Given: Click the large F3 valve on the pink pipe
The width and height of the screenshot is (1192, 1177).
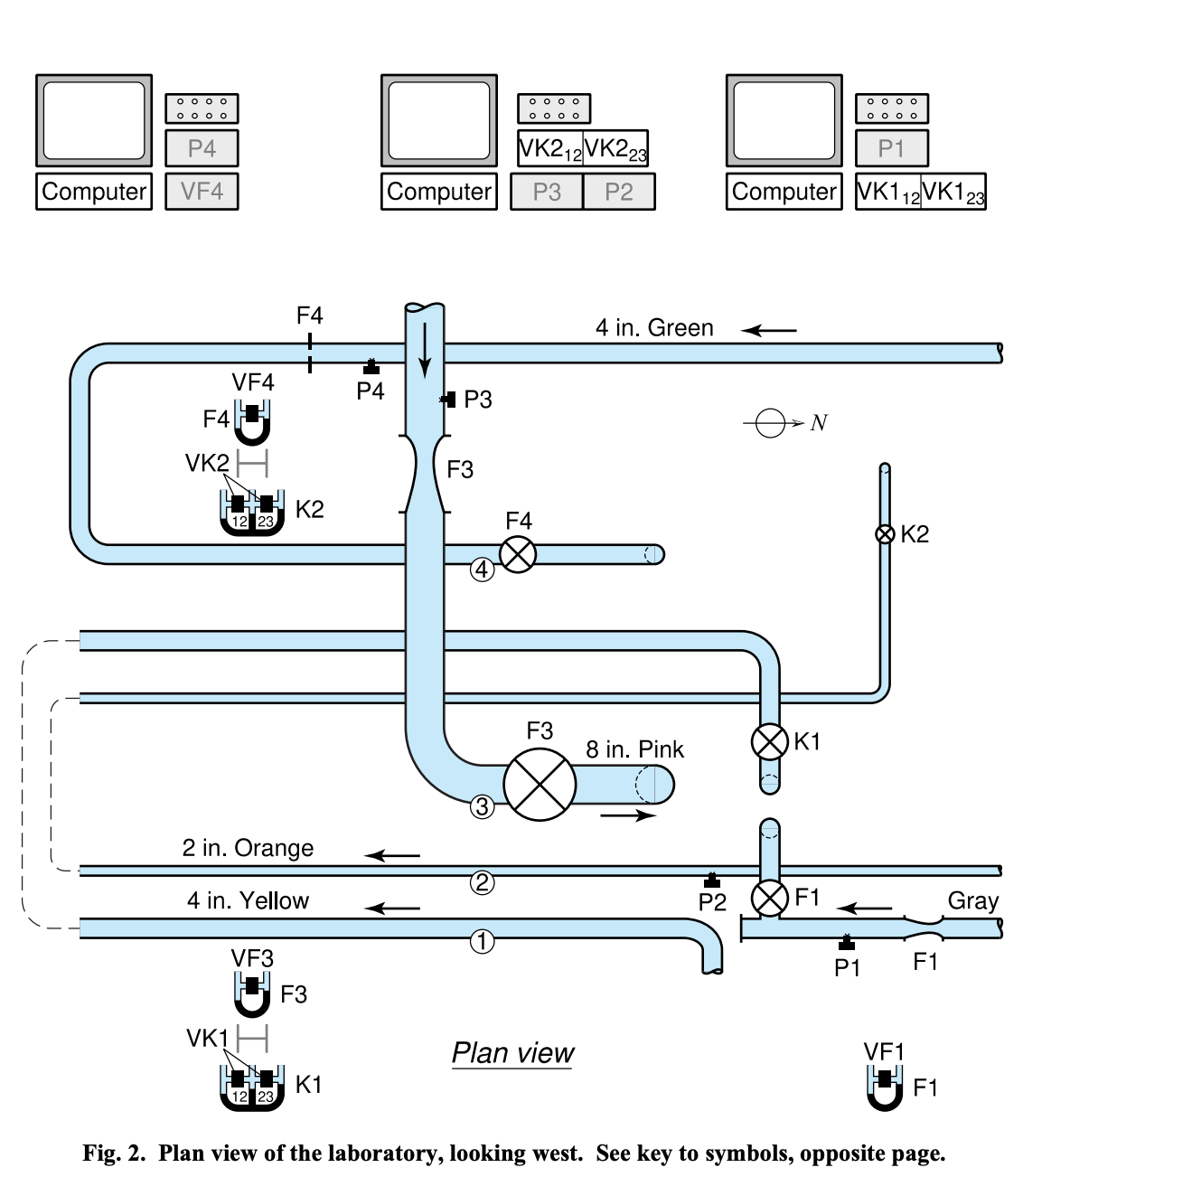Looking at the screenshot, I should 540,785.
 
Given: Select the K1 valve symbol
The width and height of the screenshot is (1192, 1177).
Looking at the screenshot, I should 769,741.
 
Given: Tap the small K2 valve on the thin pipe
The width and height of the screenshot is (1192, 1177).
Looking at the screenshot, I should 885,534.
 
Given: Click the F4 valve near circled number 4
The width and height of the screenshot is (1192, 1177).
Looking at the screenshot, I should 518,554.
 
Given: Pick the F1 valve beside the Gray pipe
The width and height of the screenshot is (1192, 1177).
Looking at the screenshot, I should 769,898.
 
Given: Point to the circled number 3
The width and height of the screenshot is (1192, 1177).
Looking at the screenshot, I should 482,807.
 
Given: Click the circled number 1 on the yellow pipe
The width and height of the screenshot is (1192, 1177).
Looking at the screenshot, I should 482,942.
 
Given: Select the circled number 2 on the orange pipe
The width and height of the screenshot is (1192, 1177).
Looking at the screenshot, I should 482,882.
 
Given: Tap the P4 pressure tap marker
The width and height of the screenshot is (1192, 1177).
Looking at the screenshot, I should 370,367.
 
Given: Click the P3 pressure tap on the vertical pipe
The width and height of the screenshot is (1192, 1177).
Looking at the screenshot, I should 448,400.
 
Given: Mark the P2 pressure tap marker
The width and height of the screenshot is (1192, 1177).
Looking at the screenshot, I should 712,880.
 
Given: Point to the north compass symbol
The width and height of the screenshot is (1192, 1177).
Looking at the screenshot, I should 771,423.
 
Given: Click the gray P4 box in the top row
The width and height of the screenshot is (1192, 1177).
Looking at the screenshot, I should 202,148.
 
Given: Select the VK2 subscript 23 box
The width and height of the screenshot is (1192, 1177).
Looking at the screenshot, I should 615,148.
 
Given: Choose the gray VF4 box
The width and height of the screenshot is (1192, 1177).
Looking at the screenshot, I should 202,192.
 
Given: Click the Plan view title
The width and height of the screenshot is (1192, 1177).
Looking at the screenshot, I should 512,1053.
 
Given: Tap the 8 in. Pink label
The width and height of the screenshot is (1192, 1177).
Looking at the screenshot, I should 634,749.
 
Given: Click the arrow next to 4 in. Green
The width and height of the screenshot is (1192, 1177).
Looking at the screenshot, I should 769,331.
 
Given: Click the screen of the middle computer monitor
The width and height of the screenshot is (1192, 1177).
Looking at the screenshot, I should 439,120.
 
